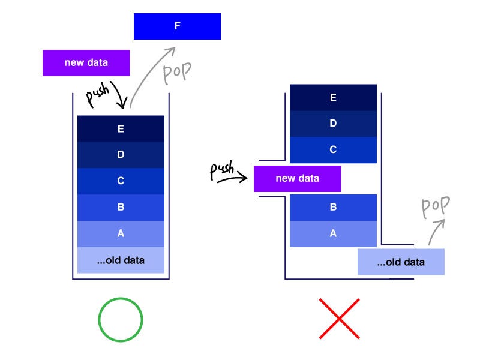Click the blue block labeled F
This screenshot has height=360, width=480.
coord(177,26)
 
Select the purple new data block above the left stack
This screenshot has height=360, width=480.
coord(86,63)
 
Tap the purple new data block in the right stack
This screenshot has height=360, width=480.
coord(297,179)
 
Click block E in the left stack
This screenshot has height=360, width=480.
coord(121,128)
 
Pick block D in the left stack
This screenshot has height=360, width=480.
coord(121,155)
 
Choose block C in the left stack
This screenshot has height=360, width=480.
coord(121,181)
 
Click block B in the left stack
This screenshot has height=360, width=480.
coord(121,208)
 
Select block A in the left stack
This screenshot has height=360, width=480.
coord(121,234)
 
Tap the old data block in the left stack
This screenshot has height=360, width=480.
coord(121,260)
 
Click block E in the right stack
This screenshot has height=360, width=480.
coord(333,98)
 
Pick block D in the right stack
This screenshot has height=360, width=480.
coord(333,124)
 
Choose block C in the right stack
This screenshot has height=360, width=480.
coord(333,150)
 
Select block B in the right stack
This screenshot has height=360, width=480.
coord(333,208)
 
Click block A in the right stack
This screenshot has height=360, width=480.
coord(333,234)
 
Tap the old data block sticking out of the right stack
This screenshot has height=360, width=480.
coord(401,262)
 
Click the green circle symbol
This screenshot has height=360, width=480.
coord(121,319)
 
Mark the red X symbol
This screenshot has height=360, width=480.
coord(339,319)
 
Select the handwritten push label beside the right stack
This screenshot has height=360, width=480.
coord(222,170)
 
